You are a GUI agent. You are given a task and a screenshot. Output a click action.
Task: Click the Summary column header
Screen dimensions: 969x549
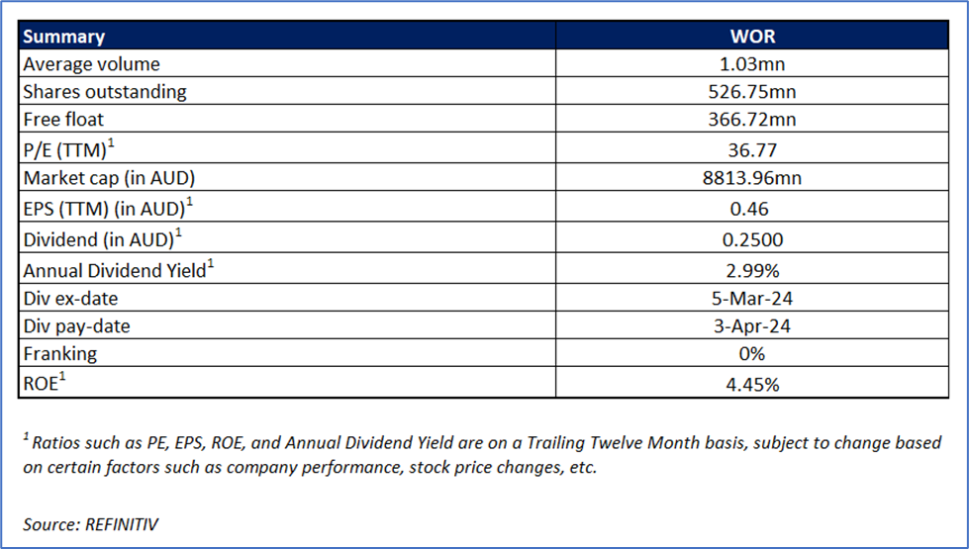click(63, 37)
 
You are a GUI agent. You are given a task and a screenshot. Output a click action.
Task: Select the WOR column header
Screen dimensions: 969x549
click(752, 37)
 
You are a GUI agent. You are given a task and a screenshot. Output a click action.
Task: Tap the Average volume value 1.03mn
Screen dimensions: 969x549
click(752, 64)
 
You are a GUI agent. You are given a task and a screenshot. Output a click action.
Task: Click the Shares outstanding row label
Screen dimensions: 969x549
click(105, 92)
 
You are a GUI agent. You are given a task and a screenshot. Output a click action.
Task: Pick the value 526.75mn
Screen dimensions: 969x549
click(752, 92)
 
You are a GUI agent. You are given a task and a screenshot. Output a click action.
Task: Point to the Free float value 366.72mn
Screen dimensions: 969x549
click(752, 119)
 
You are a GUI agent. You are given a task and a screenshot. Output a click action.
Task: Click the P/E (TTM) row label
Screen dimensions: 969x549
click(68, 148)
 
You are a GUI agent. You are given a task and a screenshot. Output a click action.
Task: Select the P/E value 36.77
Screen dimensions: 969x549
click(752, 150)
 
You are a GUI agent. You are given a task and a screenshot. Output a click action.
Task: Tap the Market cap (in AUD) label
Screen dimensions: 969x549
click(109, 178)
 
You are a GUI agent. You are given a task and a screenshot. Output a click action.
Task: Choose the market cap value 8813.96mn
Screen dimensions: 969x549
click(752, 178)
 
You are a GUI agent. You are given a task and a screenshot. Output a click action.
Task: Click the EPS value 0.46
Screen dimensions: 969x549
click(749, 209)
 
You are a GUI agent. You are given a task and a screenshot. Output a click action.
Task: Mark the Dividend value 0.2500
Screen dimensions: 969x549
click(752, 239)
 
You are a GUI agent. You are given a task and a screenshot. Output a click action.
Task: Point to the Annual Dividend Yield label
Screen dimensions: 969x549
click(118, 269)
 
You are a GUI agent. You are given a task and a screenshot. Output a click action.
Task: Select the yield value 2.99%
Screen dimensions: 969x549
click(752, 270)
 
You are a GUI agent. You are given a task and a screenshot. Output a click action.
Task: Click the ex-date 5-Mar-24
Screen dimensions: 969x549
click(752, 299)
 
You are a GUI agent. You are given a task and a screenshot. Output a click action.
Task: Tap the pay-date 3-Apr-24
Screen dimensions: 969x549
click(752, 325)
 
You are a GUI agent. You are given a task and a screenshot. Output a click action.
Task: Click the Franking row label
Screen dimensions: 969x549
click(60, 354)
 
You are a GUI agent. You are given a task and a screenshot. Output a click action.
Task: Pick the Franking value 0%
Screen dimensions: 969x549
click(752, 354)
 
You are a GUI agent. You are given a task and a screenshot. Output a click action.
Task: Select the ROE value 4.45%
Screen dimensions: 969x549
click(752, 384)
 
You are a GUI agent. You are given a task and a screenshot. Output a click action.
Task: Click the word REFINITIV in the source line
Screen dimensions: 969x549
click(121, 524)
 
